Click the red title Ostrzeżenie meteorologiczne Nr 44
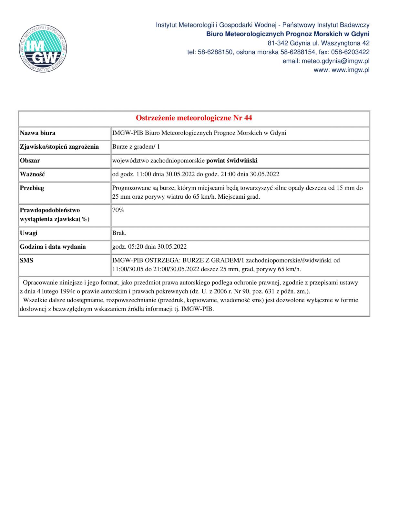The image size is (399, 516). click(194, 118)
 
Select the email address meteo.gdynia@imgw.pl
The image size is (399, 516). click(335, 61)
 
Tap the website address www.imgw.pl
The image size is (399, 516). click(350, 70)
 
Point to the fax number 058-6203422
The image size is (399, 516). click(350, 52)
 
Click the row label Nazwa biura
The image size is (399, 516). click(37, 133)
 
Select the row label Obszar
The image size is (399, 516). click(30, 161)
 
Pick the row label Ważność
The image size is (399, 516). click(32, 174)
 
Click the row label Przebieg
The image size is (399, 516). click(32, 188)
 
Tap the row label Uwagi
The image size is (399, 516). click(29, 233)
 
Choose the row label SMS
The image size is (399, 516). click(26, 260)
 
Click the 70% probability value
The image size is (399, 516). click(118, 210)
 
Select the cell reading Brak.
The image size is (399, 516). click(119, 233)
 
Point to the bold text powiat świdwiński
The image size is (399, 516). click(232, 161)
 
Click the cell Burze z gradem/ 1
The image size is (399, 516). click(136, 147)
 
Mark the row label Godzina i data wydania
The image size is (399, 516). click(53, 247)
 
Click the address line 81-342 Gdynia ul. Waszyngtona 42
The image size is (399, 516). click(318, 43)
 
